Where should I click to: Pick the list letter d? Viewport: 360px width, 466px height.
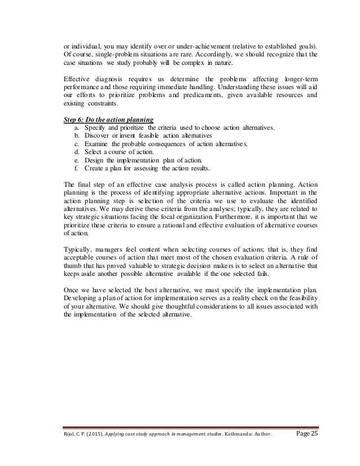coord(76,152)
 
